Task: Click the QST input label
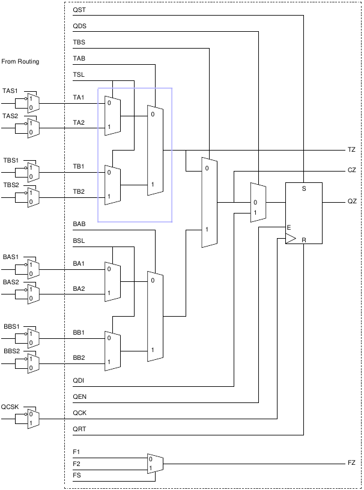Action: [x=79, y=10]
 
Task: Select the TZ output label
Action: [x=351, y=150]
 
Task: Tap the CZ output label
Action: [x=352, y=170]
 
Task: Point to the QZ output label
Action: [x=352, y=202]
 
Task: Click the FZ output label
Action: [x=351, y=462]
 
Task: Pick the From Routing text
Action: [x=20, y=62]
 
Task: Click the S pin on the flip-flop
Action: [x=303, y=189]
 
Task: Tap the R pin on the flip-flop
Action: [x=303, y=241]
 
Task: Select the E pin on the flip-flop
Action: [x=289, y=227]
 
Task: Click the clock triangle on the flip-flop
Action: [x=291, y=239]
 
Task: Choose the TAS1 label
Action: [x=10, y=91]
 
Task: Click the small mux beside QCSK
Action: [x=34, y=419]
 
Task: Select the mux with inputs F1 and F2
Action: [x=155, y=464]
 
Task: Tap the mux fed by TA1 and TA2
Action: [x=113, y=116]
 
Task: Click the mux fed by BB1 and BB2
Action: [x=113, y=351]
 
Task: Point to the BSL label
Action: [x=79, y=241]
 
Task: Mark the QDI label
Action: [x=79, y=381]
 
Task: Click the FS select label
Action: [x=77, y=476]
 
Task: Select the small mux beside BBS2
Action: [x=34, y=363]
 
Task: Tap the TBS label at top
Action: [x=79, y=42]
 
